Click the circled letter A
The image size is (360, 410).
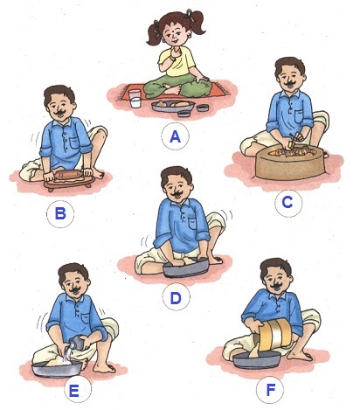pyautogui.click(x=175, y=136)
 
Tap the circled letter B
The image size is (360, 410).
pyautogui.click(x=60, y=213)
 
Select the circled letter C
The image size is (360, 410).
pyautogui.click(x=287, y=202)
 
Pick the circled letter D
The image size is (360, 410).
pyautogui.click(x=176, y=298)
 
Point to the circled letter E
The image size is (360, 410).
pyautogui.click(x=73, y=391)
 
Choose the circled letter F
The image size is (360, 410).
pyautogui.click(x=271, y=389)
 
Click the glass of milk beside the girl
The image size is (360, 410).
pyautogui.click(x=135, y=99)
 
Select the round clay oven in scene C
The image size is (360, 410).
pyautogui.click(x=290, y=163)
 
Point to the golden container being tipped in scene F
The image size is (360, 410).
pyautogui.click(x=275, y=332)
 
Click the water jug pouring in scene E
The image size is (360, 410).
pyautogui.click(x=77, y=343)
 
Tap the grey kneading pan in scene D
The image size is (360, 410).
pyautogui.click(x=186, y=268)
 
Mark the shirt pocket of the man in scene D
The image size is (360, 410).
pyautogui.click(x=195, y=224)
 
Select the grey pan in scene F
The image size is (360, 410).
pyautogui.click(x=257, y=359)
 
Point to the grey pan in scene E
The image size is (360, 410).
pyautogui.click(x=57, y=369)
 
